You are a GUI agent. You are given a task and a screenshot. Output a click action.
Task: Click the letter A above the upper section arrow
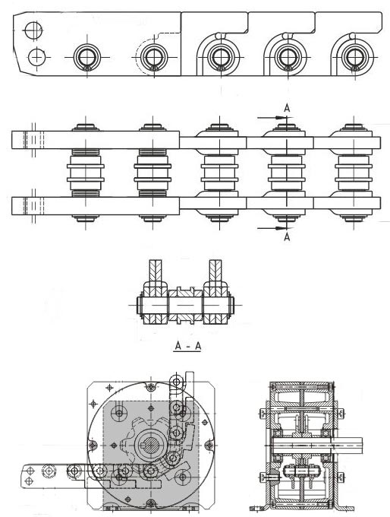[x=287, y=108]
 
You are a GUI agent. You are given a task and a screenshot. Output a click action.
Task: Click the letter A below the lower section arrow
[x=287, y=236]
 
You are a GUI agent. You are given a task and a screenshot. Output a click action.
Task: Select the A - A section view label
[x=187, y=346]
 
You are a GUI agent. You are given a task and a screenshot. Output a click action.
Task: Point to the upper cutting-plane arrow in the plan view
[x=272, y=117]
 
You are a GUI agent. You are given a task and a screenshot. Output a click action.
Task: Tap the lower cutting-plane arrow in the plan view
[x=272, y=228]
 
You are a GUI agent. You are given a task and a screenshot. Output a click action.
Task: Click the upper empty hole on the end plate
[x=33, y=30]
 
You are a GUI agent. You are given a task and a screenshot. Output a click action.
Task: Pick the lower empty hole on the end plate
[x=36, y=57]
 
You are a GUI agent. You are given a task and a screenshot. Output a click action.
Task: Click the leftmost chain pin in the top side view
[x=87, y=57]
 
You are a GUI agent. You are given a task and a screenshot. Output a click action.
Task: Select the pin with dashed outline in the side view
[x=154, y=57]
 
